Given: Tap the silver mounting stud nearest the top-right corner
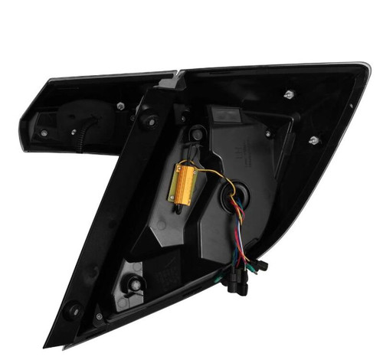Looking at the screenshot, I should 289,94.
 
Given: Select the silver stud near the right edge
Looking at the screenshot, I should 313,140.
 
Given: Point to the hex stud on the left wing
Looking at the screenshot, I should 121,106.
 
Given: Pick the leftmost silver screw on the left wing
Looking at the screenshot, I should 43,133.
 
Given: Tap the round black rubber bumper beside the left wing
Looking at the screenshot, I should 147,120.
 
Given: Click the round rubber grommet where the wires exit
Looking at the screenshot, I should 232,196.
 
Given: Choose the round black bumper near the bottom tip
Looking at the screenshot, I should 74,310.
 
